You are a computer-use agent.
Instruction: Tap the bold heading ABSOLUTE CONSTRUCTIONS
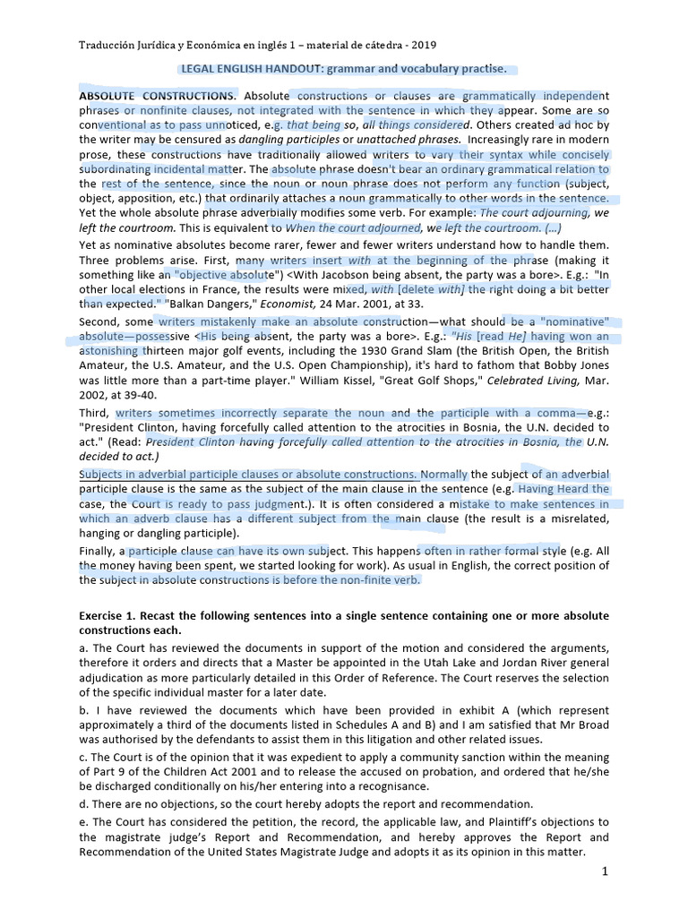pyautogui.click(x=158, y=96)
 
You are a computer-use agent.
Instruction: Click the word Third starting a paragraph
pyautogui.click(x=95, y=413)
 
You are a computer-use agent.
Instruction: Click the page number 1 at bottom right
pyautogui.click(x=606, y=870)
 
